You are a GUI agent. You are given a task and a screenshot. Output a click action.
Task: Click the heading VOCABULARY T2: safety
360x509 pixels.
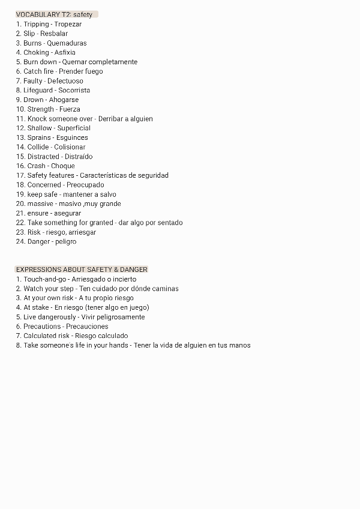tap(55, 14)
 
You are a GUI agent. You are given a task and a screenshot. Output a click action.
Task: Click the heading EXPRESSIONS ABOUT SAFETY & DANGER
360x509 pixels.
tap(82, 270)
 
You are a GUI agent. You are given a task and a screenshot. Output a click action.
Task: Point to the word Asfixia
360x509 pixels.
tap(65, 52)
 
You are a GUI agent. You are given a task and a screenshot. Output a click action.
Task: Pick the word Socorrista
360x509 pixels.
tap(74, 90)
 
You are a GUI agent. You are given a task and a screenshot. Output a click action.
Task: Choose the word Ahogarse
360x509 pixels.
tap(64, 100)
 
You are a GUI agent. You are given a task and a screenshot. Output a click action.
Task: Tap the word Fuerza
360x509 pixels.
tap(70, 109)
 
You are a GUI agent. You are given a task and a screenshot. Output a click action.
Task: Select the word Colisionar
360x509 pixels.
tap(70, 147)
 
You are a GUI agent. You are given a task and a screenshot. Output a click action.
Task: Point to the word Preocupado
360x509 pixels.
tap(85, 185)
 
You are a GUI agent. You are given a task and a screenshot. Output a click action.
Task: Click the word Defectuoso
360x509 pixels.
tap(65, 81)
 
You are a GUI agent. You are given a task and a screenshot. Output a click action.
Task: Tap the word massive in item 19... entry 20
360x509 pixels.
tap(40, 203)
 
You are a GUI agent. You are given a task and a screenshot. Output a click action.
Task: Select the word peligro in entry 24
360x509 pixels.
tap(65, 242)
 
